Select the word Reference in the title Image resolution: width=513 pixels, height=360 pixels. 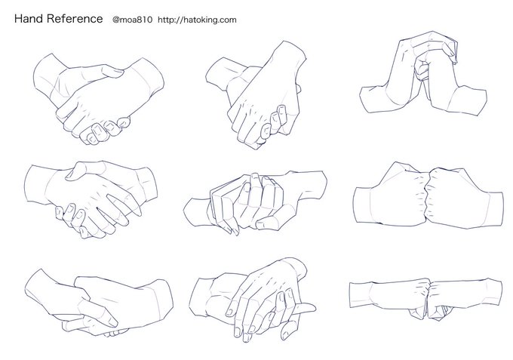tap(75, 19)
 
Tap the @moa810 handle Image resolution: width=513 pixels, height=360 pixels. tap(132, 20)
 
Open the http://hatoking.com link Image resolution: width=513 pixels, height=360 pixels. tap(197, 20)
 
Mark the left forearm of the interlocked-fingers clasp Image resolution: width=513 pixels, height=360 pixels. tap(196, 212)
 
